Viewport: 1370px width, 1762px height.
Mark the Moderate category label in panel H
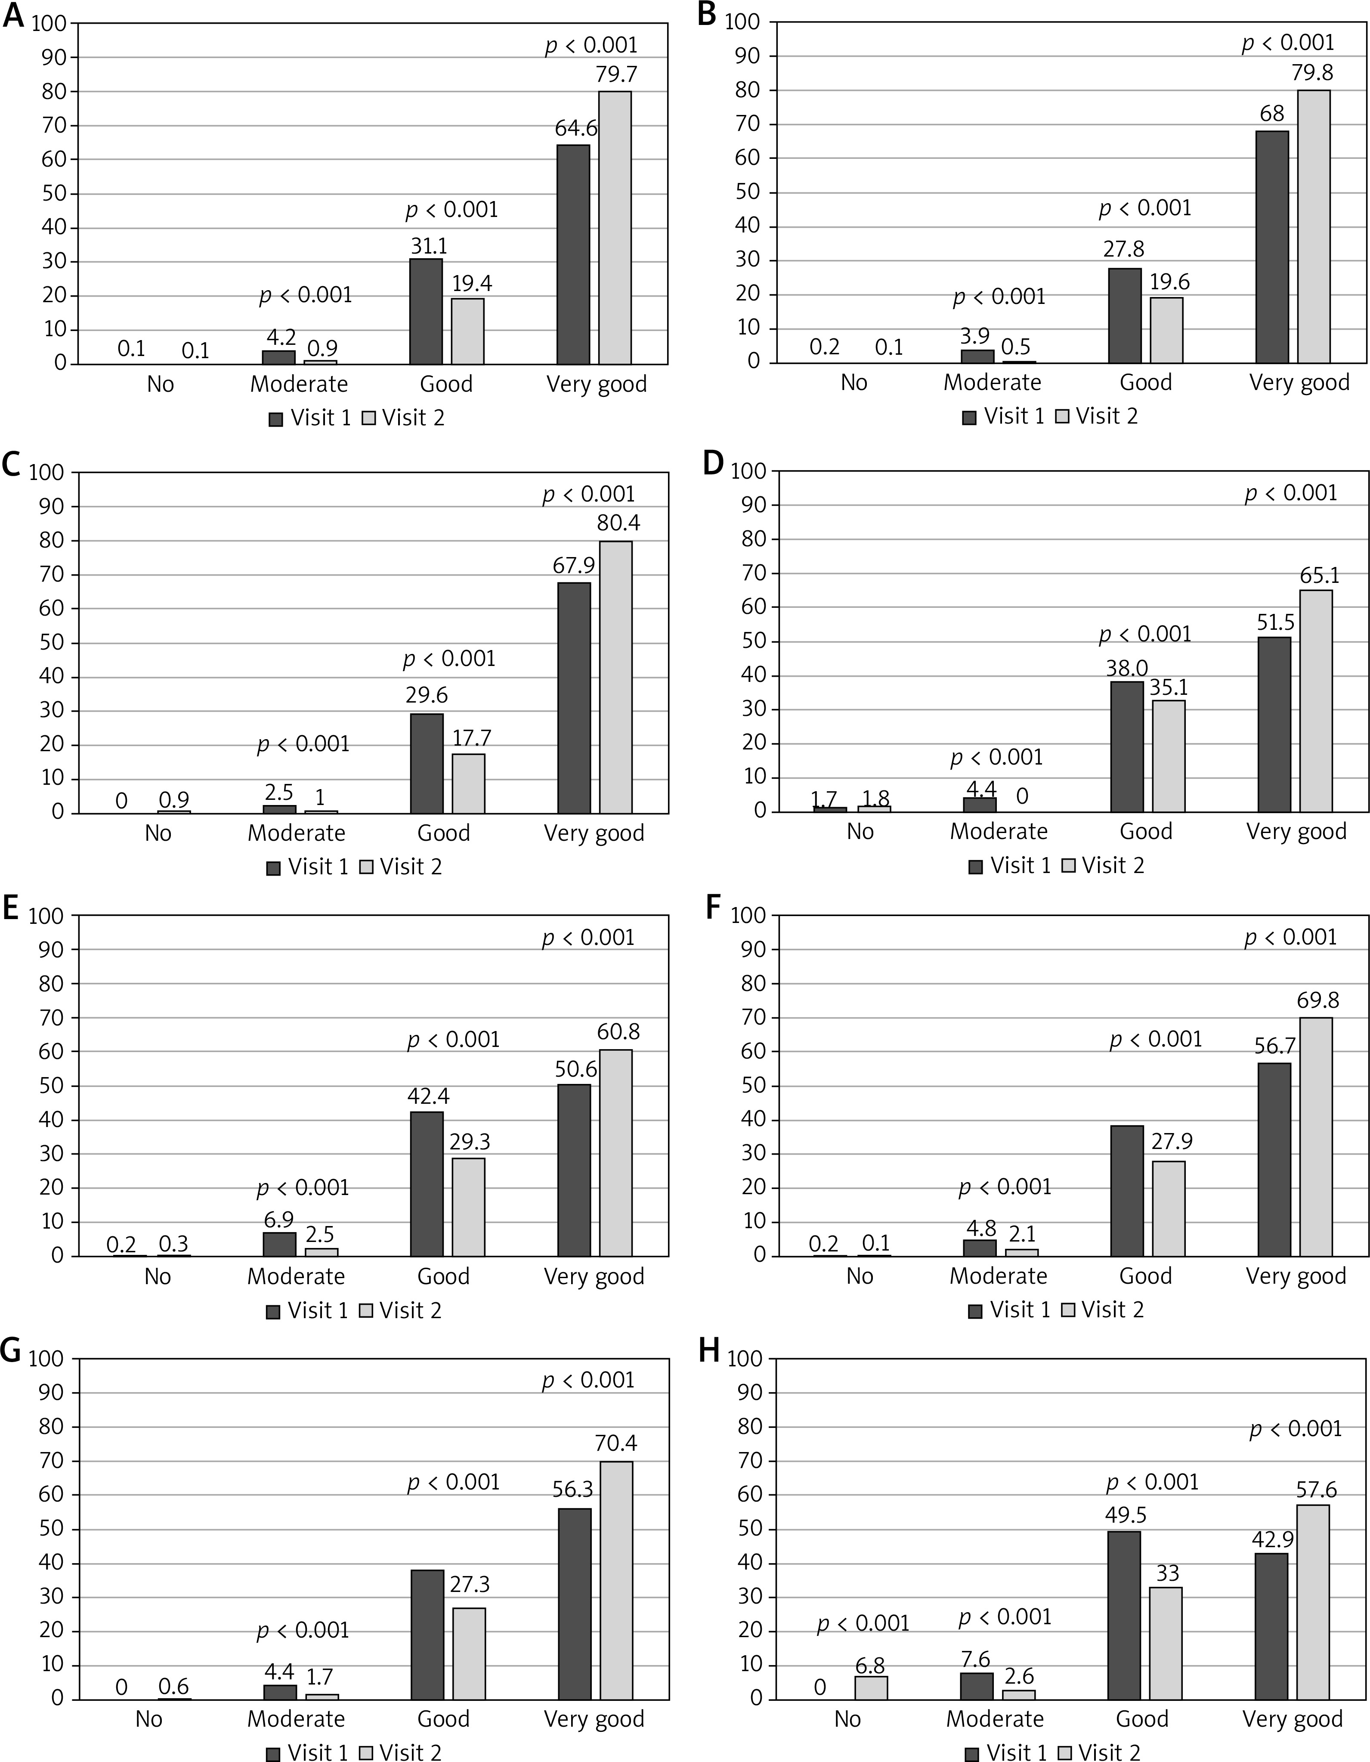[995, 1719]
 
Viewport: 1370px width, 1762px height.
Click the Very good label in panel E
[594, 1276]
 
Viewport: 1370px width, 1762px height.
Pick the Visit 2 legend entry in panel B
[1097, 416]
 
